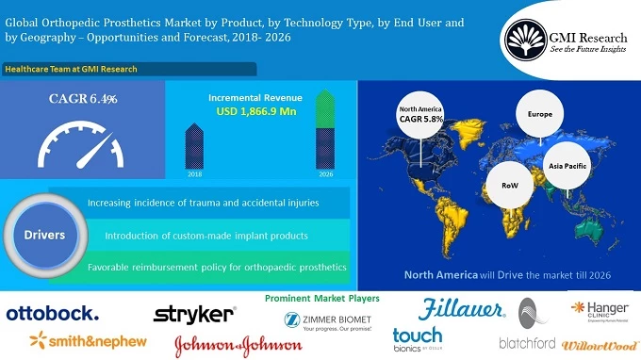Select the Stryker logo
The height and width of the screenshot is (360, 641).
tap(194, 313)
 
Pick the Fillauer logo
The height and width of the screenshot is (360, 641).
tap(455, 307)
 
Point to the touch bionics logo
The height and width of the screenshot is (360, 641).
tap(418, 340)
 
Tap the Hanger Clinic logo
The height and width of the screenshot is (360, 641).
tap(600, 310)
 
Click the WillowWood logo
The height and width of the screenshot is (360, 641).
tap(600, 346)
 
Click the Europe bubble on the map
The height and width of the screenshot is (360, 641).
tap(539, 115)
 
